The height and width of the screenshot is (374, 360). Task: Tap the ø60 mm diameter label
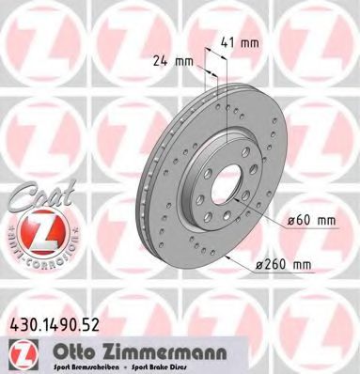pyautogui.click(x=308, y=220)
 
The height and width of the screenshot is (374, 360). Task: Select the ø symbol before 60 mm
pyautogui.click(x=290, y=220)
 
